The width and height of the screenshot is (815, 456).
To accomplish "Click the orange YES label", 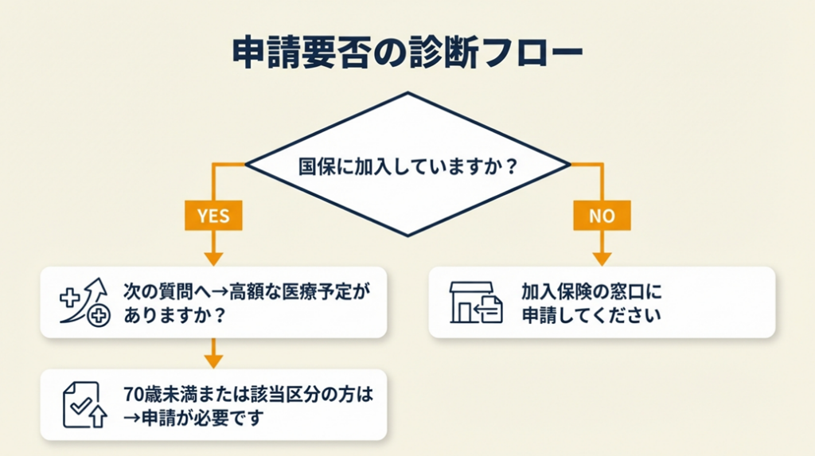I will click(213, 215).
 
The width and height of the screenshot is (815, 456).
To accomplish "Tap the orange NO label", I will click(602, 215).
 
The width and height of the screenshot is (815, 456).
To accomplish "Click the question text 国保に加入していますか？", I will click(407, 168).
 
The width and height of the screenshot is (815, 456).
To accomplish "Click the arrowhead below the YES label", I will click(213, 259).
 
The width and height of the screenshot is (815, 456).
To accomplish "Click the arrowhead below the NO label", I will click(602, 259).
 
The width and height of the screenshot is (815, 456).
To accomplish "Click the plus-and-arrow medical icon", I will click(84, 302).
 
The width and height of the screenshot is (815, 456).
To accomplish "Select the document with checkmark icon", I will click(84, 404).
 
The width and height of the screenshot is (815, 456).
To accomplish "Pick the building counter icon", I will click(475, 302).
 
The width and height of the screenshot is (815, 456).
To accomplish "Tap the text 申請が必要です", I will click(201, 418).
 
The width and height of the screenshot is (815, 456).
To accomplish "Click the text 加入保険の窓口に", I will click(591, 290).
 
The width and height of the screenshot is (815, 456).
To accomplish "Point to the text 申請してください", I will click(591, 315).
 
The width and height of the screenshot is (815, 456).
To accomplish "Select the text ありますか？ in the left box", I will click(172, 315).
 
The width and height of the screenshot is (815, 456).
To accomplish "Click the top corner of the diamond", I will click(407, 93).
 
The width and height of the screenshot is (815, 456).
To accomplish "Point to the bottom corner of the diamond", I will click(407, 236).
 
